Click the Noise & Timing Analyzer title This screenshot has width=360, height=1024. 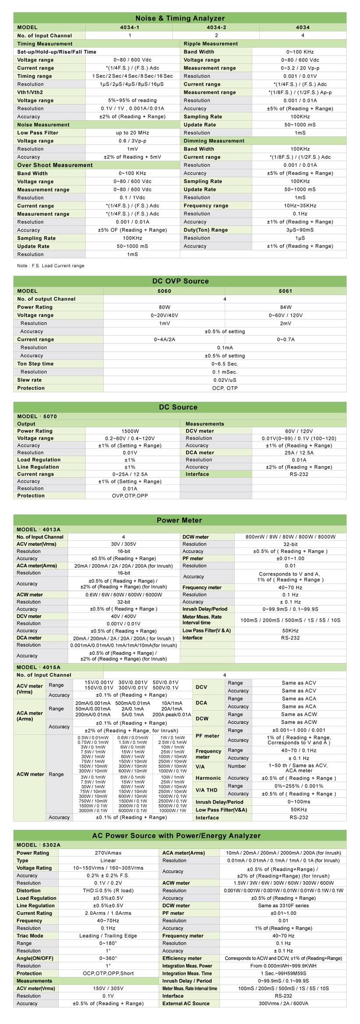(x=180, y=18)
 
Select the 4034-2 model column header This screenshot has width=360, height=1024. (x=216, y=27)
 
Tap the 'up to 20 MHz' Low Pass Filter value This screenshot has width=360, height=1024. (x=132, y=133)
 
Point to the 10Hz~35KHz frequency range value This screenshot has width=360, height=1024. (x=300, y=205)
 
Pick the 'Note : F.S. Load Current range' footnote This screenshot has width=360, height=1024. (x=51, y=266)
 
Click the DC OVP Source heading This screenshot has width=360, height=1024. (x=180, y=281)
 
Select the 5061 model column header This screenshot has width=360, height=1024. (x=286, y=291)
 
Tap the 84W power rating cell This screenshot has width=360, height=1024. (x=286, y=307)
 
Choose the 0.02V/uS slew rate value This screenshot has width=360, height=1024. (x=225, y=380)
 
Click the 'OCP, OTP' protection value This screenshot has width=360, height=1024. (x=225, y=388)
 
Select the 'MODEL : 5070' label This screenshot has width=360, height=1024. (x=37, y=417)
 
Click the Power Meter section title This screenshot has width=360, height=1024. (x=179, y=520)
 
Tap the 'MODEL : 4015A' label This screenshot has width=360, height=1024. (x=39, y=667)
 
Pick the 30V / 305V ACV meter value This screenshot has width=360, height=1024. (x=124, y=544)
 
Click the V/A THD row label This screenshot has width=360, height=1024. (x=206, y=790)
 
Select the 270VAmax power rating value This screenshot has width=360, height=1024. (x=108, y=853)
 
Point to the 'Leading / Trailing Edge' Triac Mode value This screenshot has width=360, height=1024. (x=108, y=936)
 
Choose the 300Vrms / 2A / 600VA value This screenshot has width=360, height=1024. (x=283, y=1003)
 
